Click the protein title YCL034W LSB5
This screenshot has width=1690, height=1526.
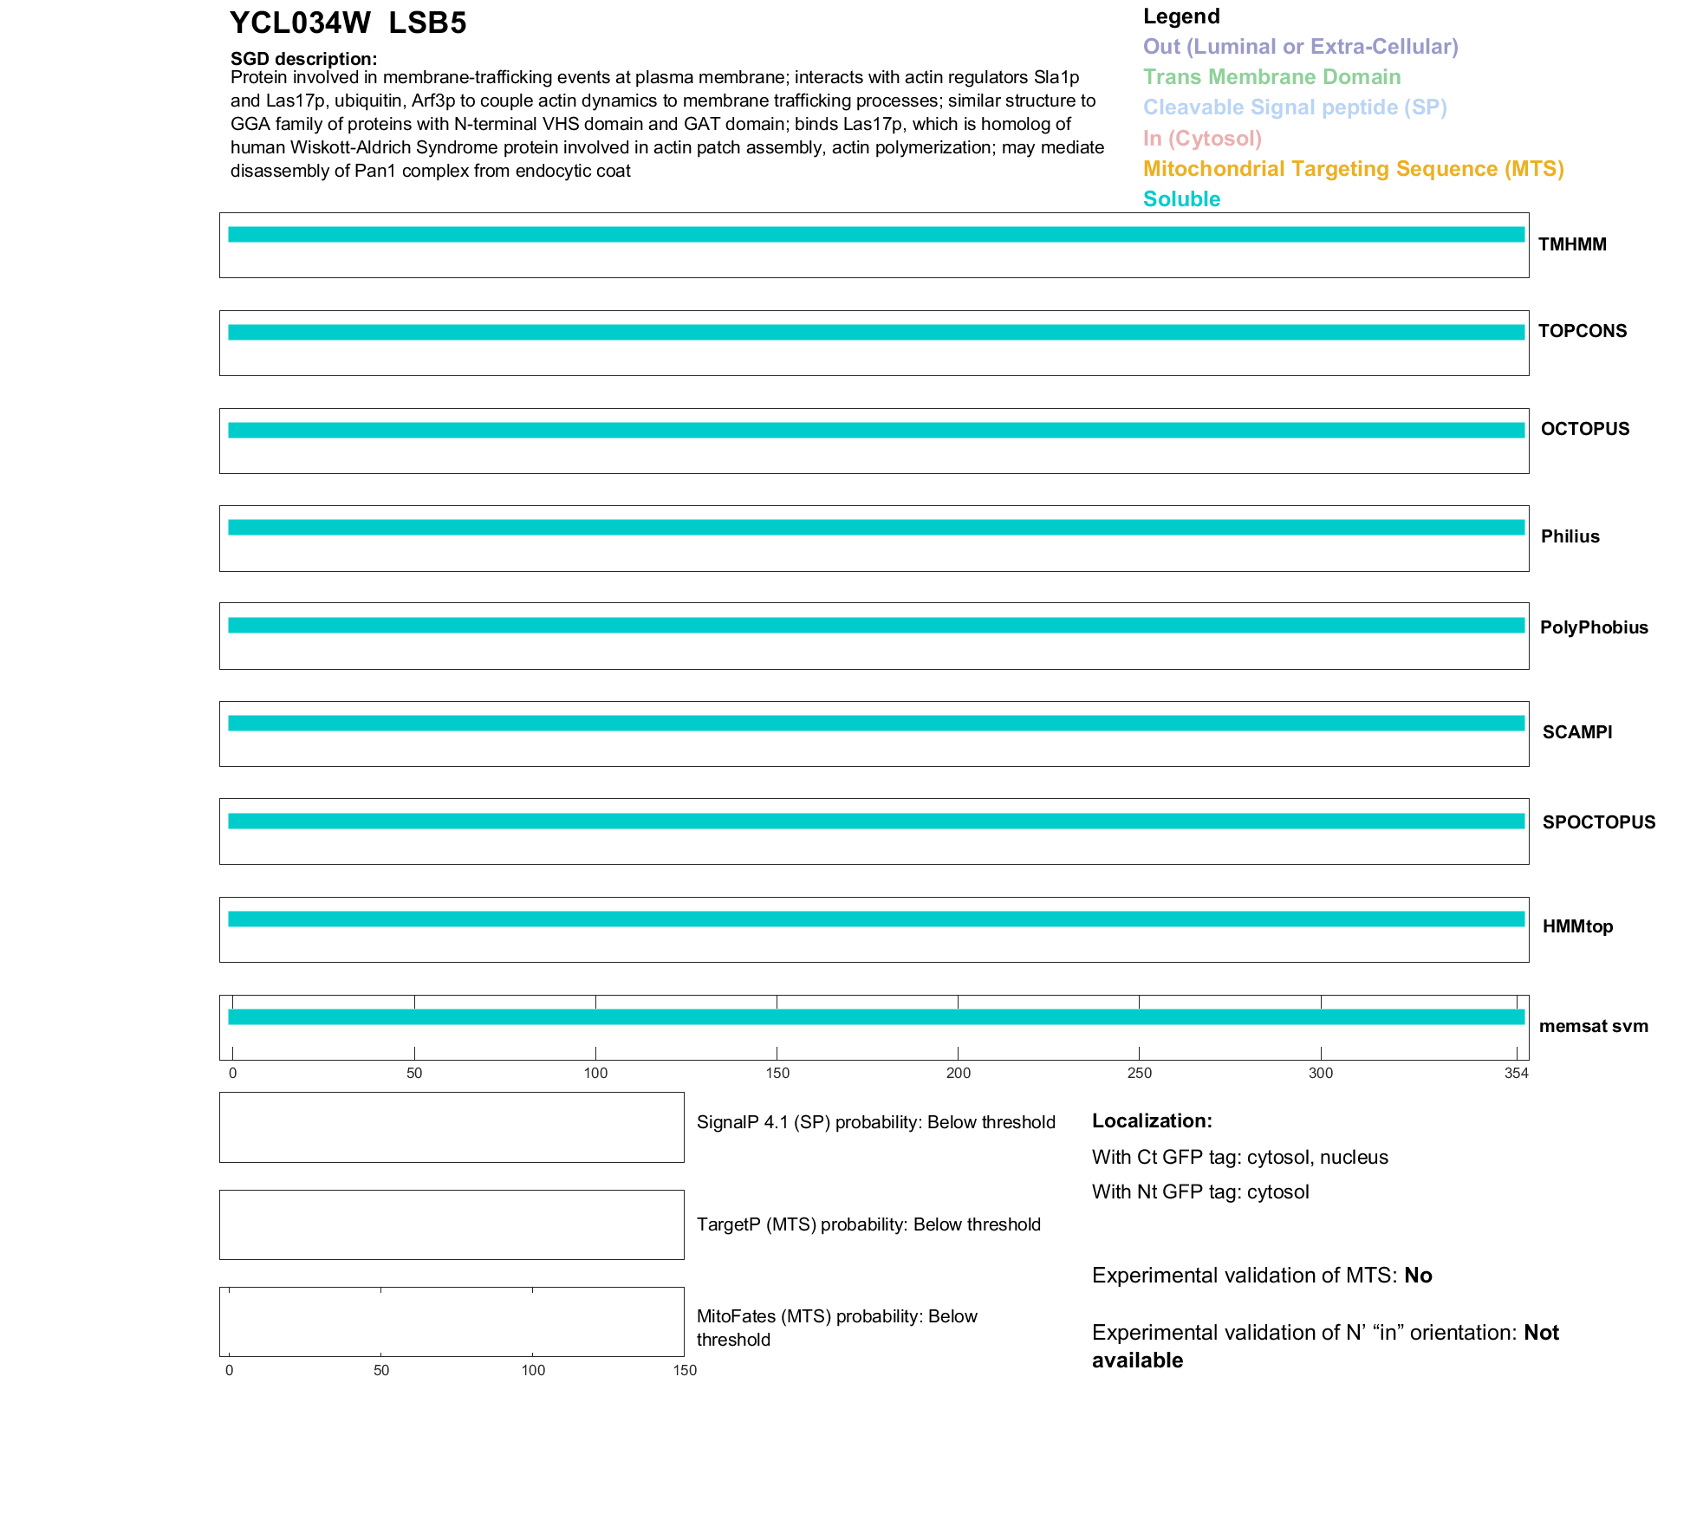click(348, 23)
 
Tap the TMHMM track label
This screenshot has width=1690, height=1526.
click(1572, 244)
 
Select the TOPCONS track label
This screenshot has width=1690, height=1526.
click(1583, 331)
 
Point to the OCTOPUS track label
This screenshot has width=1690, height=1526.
click(1585, 429)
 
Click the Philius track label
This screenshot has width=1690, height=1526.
click(1570, 536)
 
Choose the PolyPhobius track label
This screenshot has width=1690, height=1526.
click(1594, 627)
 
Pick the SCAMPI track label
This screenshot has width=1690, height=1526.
click(1577, 732)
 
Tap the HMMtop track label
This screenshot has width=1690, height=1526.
click(1577, 926)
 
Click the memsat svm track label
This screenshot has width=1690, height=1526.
click(1593, 1026)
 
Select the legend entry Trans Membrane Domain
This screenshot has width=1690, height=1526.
click(1271, 77)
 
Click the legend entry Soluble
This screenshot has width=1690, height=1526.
click(1181, 199)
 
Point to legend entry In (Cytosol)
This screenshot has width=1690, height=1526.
click(1202, 139)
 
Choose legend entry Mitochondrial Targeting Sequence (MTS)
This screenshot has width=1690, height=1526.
click(1353, 169)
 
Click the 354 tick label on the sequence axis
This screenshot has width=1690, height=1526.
click(1517, 1074)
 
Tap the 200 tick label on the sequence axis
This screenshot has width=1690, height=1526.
click(959, 1074)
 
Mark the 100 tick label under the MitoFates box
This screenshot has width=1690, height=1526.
click(533, 1370)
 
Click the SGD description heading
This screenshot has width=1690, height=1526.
click(303, 59)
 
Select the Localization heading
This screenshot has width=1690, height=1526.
click(1152, 1120)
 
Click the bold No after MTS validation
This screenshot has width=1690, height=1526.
click(1418, 1276)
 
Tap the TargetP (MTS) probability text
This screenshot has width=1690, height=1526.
click(868, 1224)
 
